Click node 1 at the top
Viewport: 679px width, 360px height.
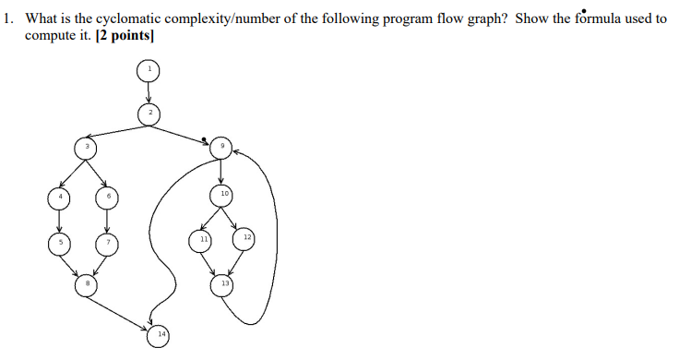pos(148,70)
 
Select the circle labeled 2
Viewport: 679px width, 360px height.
pos(149,114)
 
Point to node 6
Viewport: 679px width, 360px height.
pos(107,196)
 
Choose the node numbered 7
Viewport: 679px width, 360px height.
pos(107,242)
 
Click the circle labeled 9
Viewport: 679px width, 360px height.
pos(221,147)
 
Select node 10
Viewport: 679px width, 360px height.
pos(221,195)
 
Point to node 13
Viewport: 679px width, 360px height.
pos(222,284)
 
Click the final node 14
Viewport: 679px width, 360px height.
pos(162,332)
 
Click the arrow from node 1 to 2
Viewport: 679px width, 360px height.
pos(148,91)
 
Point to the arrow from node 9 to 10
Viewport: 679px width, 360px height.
pos(221,171)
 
